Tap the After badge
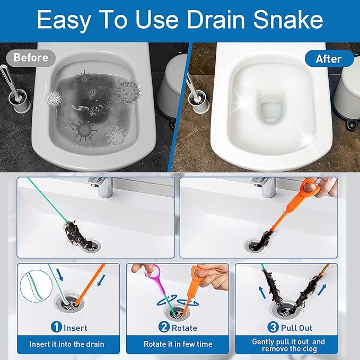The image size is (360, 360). [329, 59]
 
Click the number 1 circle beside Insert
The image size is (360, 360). [56, 328]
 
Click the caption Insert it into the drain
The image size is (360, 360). [67, 344]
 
